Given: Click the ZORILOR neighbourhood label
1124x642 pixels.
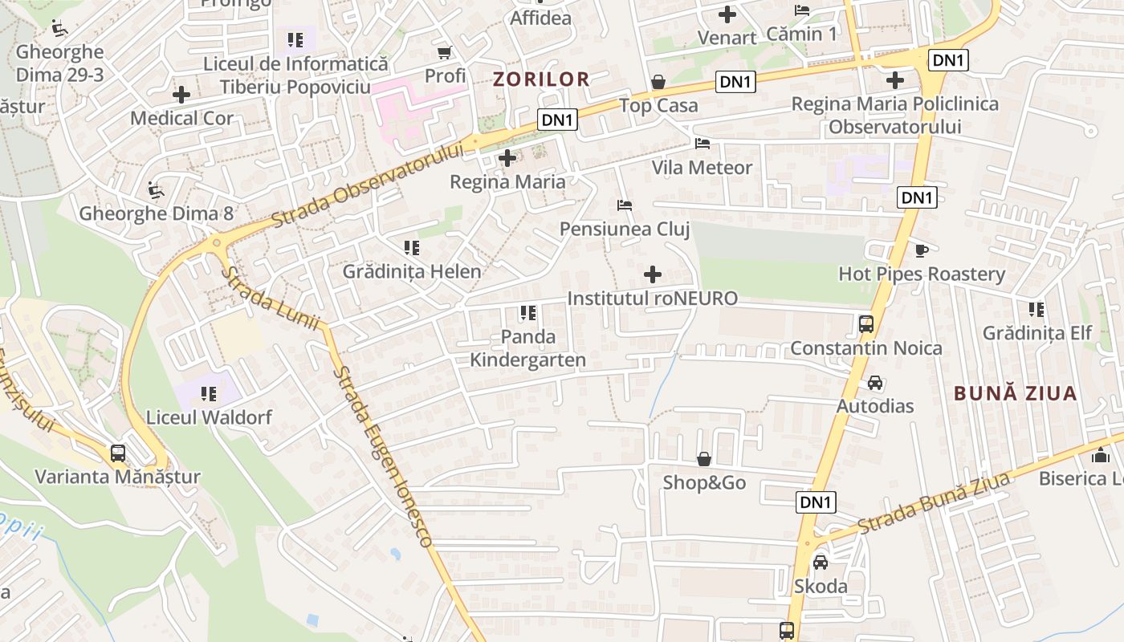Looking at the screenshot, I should [x=541, y=79].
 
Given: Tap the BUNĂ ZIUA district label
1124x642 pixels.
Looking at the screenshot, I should [x=1015, y=393].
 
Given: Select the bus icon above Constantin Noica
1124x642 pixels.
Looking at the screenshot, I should [x=865, y=324].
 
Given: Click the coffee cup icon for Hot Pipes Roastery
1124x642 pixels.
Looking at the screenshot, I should [x=921, y=250].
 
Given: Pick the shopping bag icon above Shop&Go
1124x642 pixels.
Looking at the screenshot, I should [x=704, y=459].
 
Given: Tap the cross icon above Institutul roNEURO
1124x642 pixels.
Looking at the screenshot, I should [x=653, y=275].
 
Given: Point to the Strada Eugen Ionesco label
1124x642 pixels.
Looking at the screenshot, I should [x=383, y=456].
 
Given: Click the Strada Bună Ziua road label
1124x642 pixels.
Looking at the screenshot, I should [x=933, y=503].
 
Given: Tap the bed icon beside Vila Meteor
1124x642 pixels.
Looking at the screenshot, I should [x=702, y=144].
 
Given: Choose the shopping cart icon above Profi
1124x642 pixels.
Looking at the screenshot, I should [x=444, y=53].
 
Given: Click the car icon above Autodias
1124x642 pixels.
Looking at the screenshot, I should [x=875, y=383].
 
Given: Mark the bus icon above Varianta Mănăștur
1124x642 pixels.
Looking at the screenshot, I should [x=118, y=453].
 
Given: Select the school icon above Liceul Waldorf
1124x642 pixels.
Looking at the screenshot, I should [x=209, y=394].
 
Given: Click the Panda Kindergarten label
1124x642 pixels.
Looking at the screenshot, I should [x=527, y=347].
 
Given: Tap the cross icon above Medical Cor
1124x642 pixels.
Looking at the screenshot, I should [x=181, y=95].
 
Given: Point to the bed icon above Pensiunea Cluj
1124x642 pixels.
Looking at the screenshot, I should [x=625, y=205].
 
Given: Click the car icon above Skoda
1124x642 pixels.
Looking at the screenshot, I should [x=820, y=563].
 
